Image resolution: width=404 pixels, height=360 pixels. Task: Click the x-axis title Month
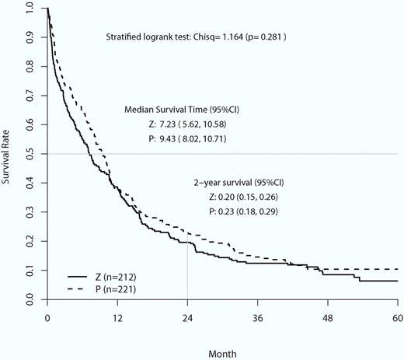point(222,352)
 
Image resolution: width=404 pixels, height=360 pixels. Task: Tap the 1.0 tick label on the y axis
point(29,9)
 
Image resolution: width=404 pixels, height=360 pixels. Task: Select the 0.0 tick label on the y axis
point(29,298)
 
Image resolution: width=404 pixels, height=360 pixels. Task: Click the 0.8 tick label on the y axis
point(29,66)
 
